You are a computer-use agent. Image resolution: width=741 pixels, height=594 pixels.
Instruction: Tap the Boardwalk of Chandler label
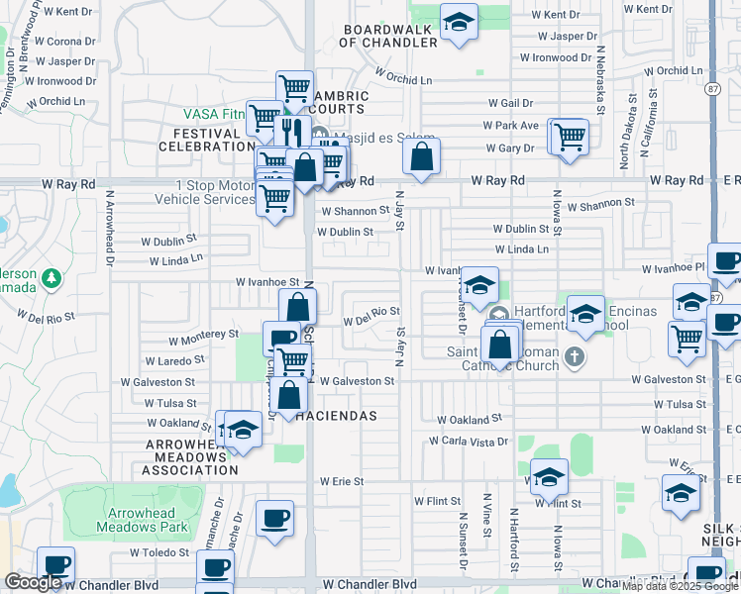(389, 37)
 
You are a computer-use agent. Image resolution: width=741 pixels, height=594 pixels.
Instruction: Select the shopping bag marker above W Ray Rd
(422, 156)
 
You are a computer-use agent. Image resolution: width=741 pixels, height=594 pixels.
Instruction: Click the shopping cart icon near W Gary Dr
(569, 137)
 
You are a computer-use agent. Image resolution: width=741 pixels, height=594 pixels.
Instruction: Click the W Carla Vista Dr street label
(468, 441)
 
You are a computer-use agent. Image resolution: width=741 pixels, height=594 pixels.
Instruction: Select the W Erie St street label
(342, 481)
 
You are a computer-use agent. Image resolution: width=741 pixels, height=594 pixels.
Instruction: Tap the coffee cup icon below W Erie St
(274, 518)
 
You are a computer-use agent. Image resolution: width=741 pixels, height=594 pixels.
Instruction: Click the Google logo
(33, 582)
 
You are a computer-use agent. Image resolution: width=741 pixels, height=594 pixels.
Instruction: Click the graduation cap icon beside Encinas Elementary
(585, 314)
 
